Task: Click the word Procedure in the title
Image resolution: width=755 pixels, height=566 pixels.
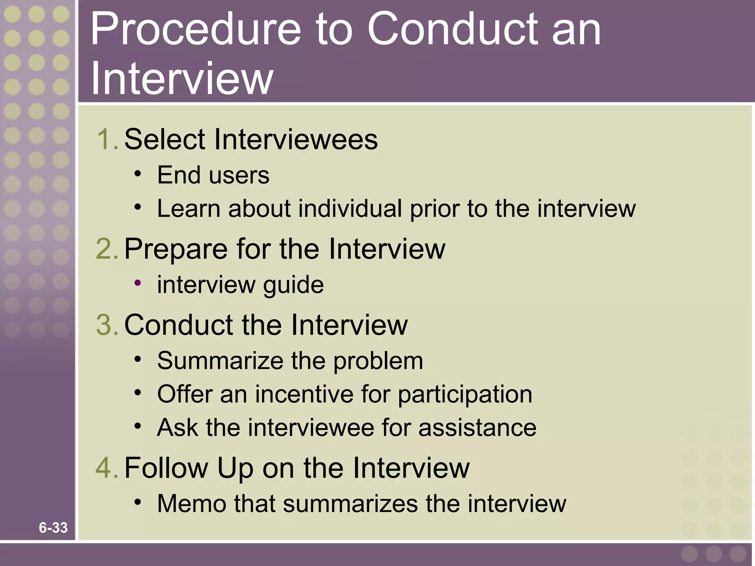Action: click(x=195, y=29)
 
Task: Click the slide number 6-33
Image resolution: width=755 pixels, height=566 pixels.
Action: click(x=53, y=528)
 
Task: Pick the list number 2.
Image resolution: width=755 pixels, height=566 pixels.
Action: click(x=106, y=249)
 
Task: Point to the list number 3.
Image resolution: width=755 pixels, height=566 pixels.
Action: click(x=106, y=325)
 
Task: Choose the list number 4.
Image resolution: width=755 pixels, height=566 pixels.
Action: click(x=106, y=468)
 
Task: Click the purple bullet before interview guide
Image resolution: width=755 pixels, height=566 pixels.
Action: click(x=138, y=283)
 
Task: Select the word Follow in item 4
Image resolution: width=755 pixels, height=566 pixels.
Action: click(x=166, y=468)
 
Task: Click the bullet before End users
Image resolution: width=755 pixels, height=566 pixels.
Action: click(x=138, y=173)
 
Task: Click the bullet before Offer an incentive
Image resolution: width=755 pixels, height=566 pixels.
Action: click(x=138, y=392)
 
